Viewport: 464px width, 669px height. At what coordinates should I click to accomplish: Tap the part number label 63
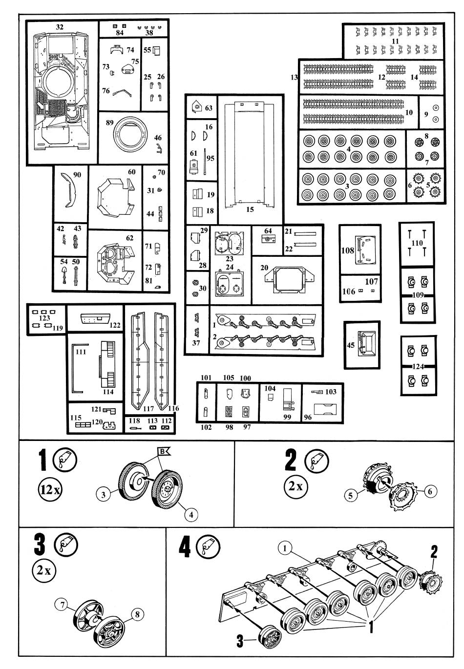[x=209, y=107]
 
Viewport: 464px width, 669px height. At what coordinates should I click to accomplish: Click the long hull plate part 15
[x=249, y=156]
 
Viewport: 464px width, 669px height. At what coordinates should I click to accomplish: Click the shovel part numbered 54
[x=64, y=276]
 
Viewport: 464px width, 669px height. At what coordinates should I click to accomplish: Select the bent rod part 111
[x=76, y=366]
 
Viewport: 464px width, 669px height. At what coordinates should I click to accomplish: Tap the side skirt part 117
[x=140, y=361]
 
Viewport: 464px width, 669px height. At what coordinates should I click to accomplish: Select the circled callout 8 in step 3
[x=138, y=614]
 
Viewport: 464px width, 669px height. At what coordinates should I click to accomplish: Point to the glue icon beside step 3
[x=65, y=544]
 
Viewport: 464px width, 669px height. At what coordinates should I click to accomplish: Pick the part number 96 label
[x=307, y=418]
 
